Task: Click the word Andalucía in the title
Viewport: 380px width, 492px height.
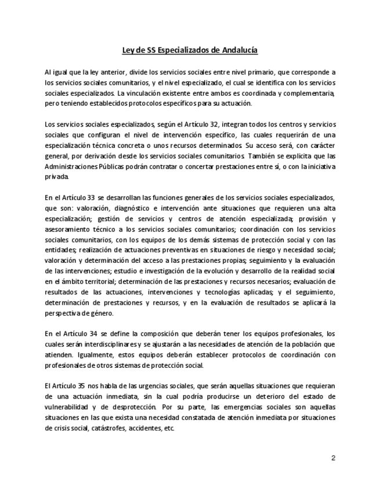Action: point(239,50)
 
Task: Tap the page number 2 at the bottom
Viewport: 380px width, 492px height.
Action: point(333,458)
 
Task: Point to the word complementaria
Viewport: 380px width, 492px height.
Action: point(307,92)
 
